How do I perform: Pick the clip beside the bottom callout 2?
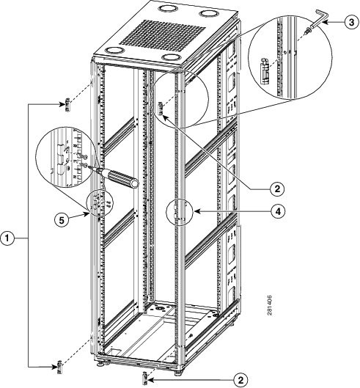click(x=147, y=376)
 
